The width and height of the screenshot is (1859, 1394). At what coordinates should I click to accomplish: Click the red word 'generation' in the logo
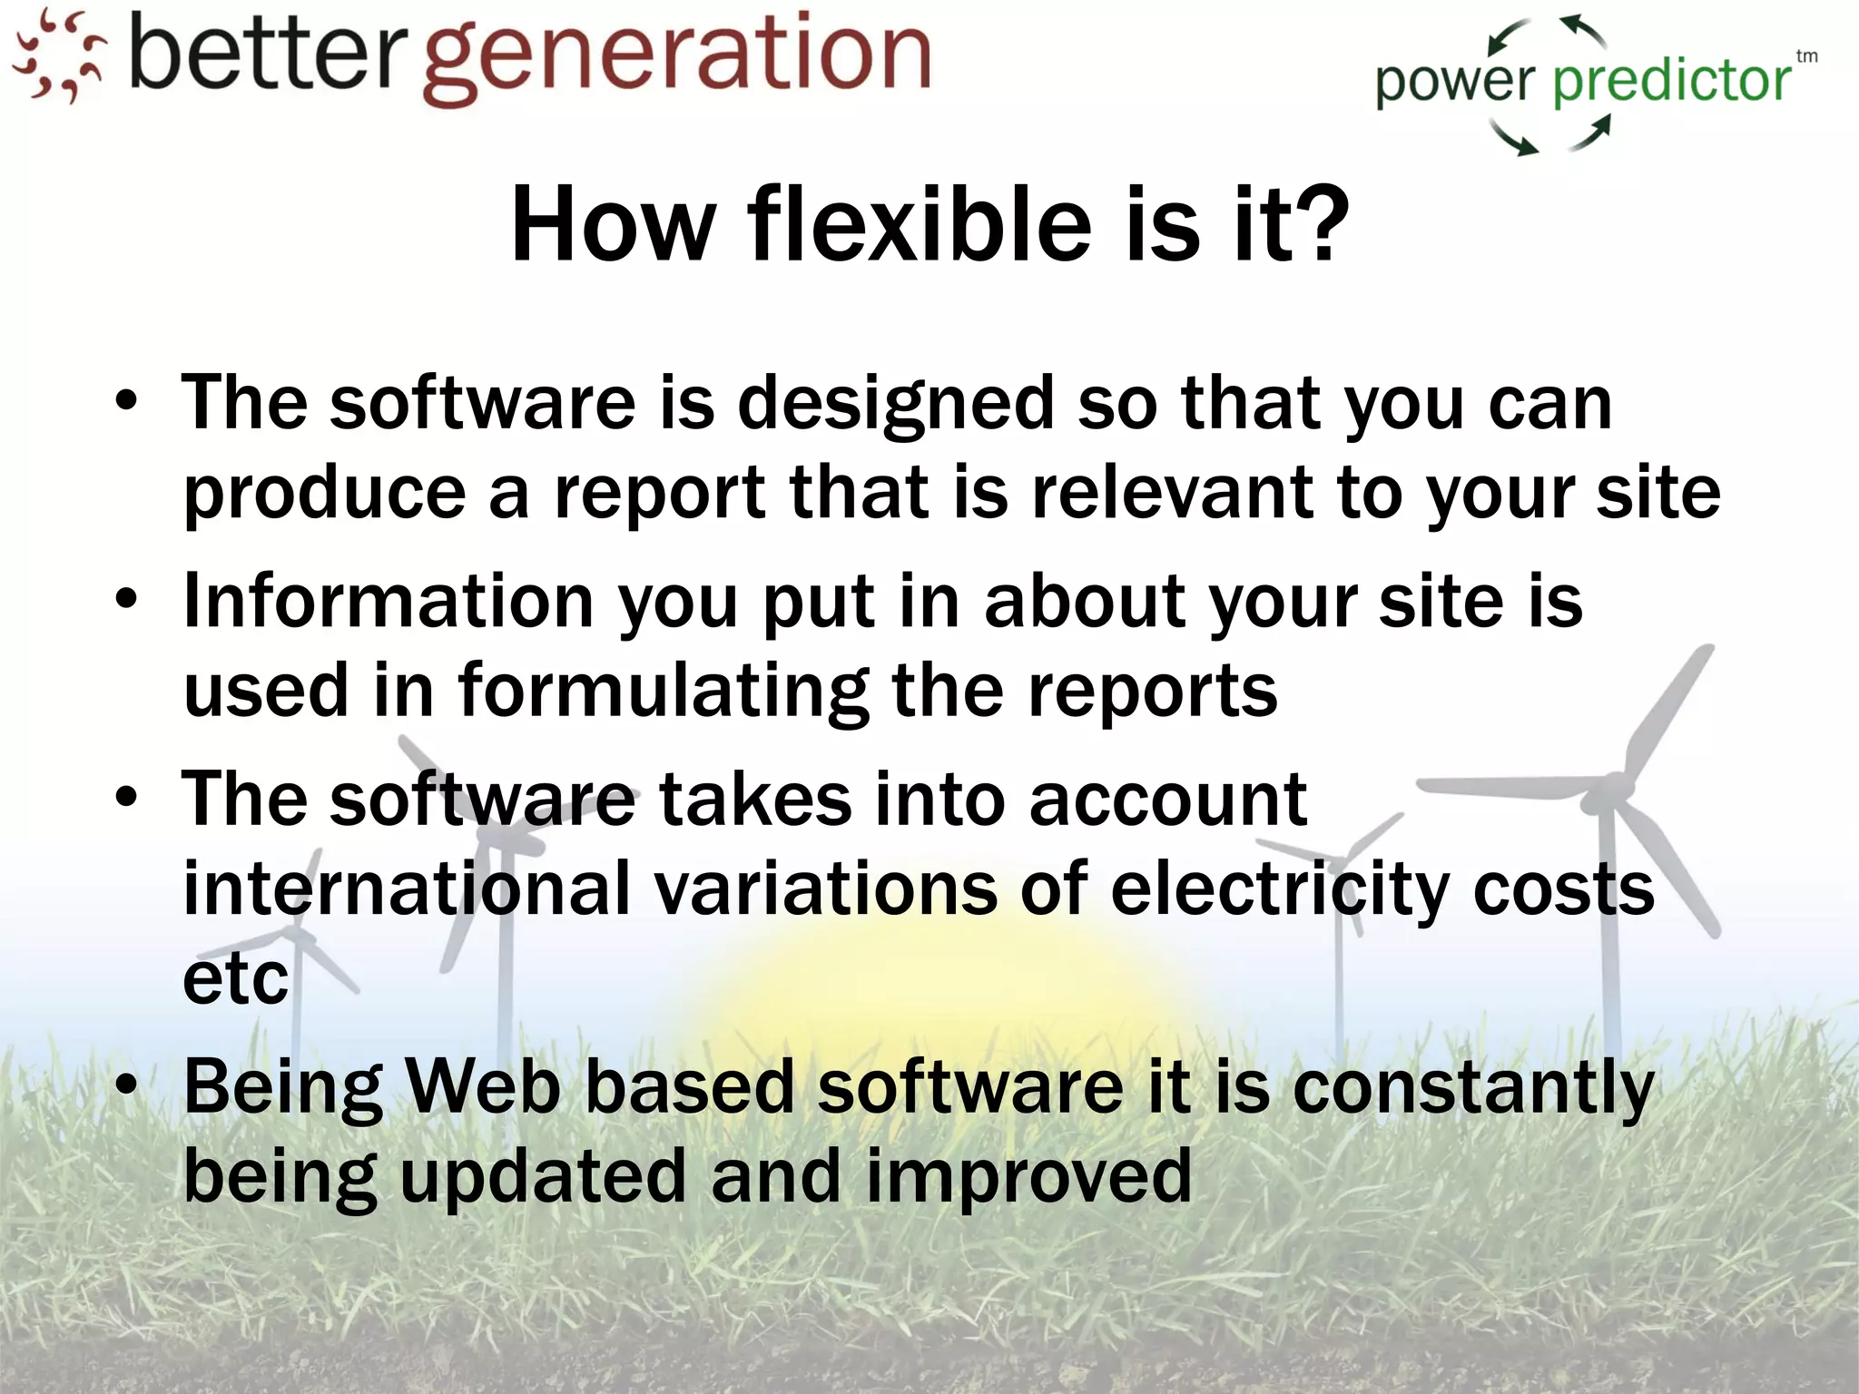pyautogui.click(x=677, y=56)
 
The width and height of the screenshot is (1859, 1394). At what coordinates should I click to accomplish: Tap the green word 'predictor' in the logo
pyautogui.click(x=1671, y=82)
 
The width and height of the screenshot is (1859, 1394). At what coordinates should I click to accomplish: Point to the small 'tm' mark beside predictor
pyautogui.click(x=1806, y=56)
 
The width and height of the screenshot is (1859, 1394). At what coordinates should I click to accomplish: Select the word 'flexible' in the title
pyautogui.click(x=918, y=224)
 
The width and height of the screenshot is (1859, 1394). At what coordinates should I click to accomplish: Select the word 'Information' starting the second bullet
pyautogui.click(x=389, y=601)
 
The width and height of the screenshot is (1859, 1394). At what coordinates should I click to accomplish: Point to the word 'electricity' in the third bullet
pyautogui.click(x=1280, y=889)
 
